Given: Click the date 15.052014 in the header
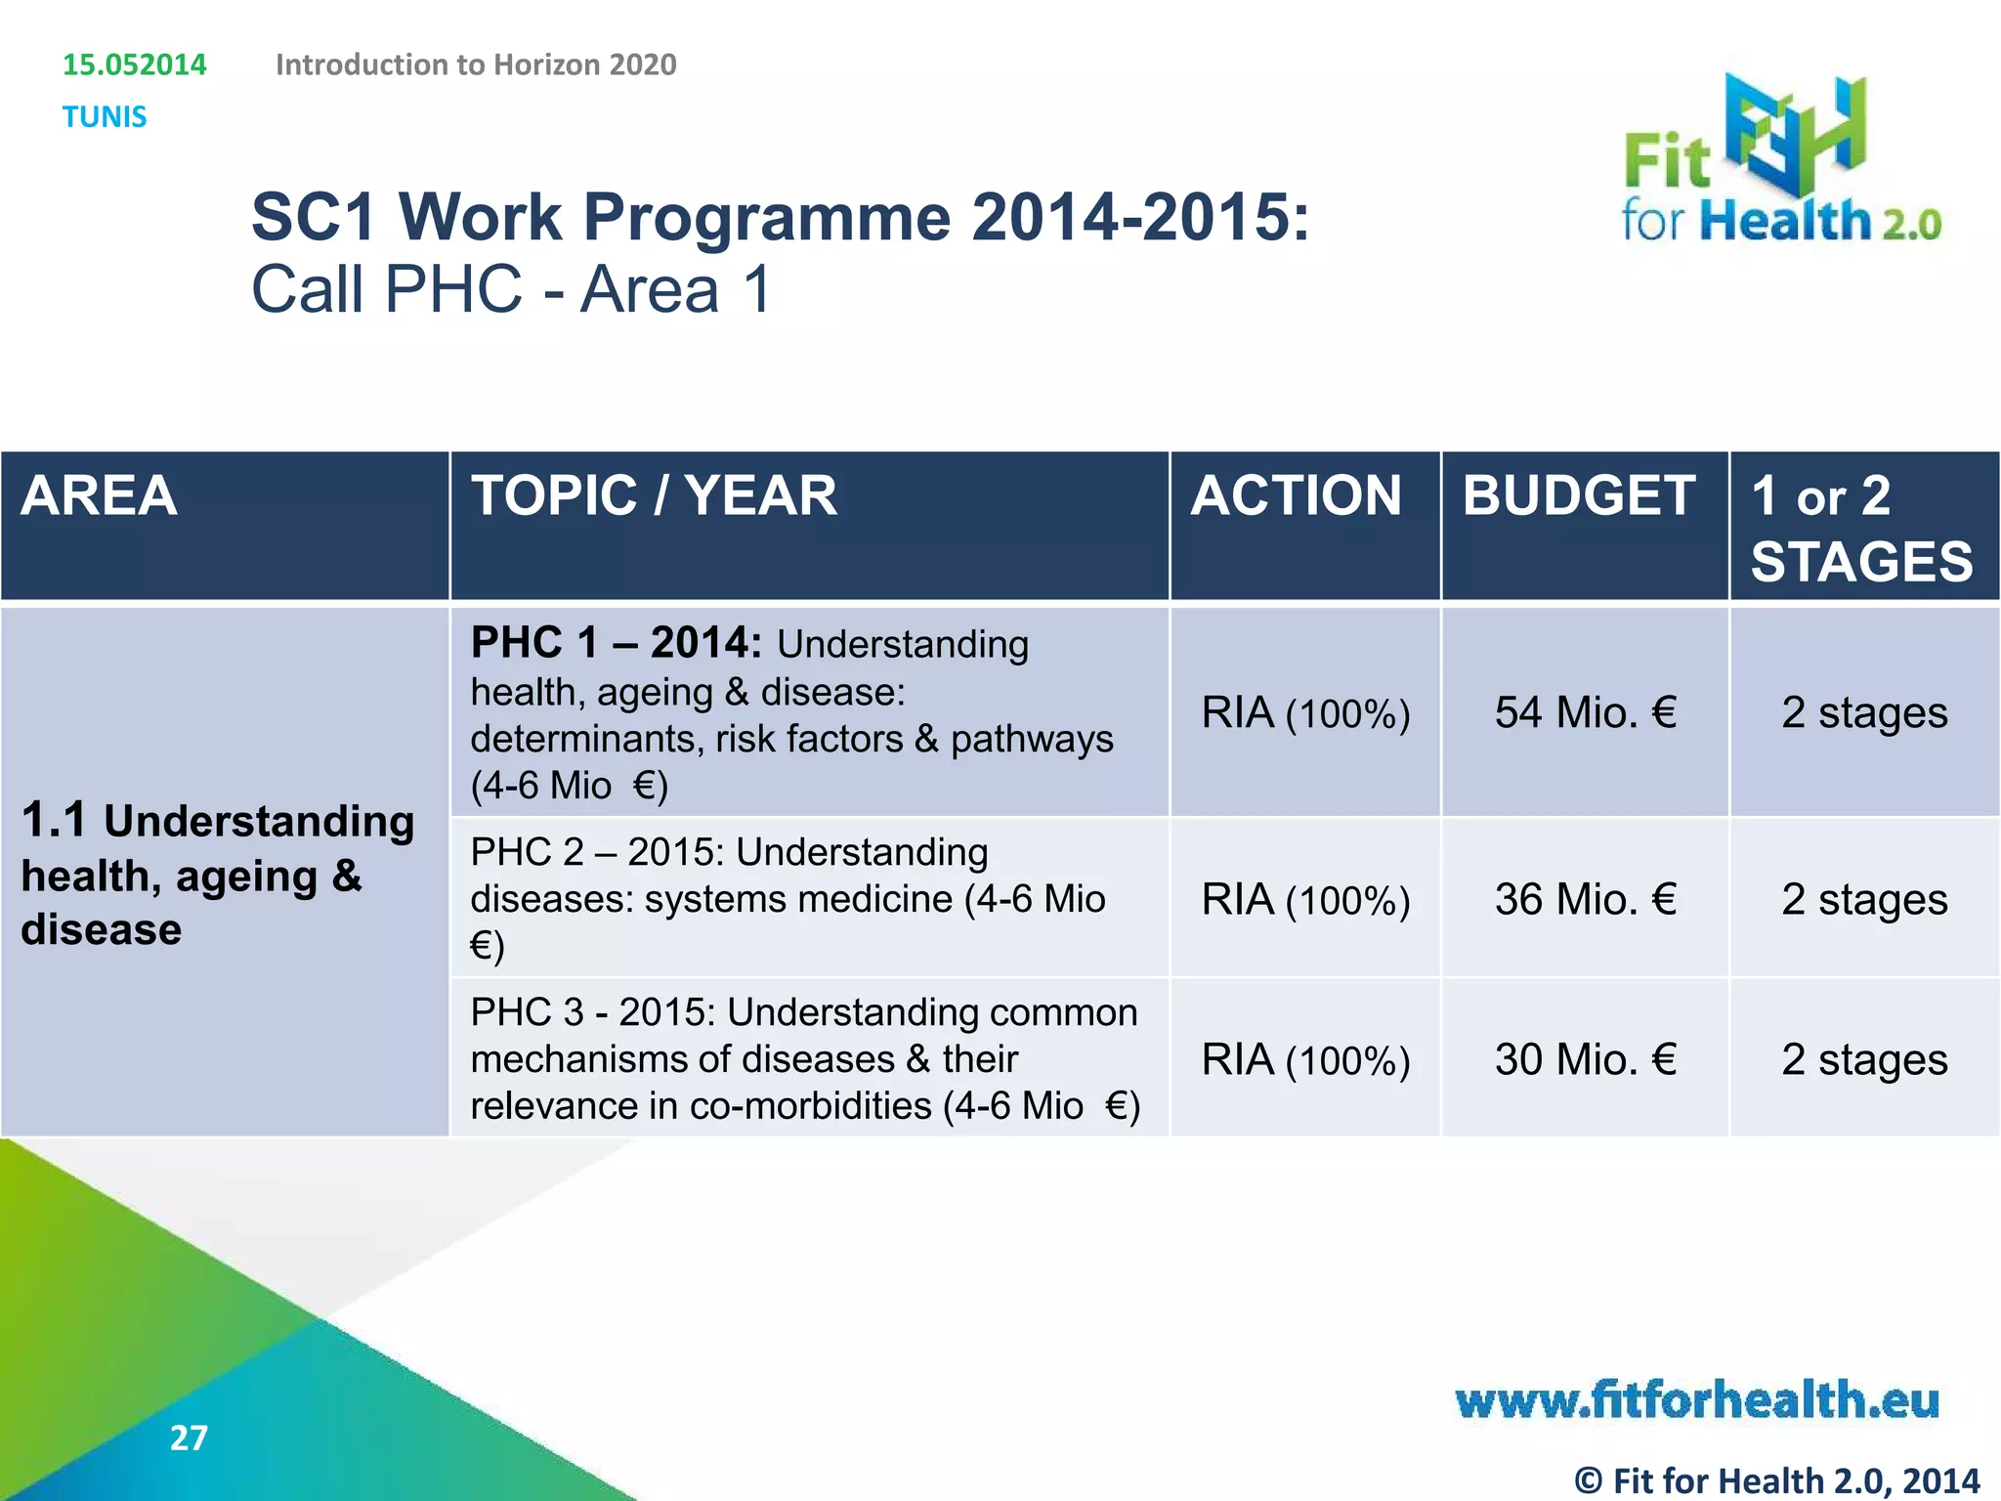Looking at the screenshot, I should pyautogui.click(x=135, y=64).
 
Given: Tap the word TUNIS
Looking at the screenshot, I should pyautogui.click(x=105, y=117).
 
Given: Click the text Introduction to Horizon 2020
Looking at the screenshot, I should pyautogui.click(x=476, y=64).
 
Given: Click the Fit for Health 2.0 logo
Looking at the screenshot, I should pyautogui.click(x=1780, y=161).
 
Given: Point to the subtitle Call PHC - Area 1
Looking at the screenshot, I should pyautogui.click(x=512, y=289).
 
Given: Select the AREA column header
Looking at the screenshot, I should pyautogui.click(x=99, y=495).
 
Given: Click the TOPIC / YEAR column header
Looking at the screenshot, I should pyautogui.click(x=654, y=495).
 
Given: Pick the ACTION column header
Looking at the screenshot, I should pyautogui.click(x=1296, y=495).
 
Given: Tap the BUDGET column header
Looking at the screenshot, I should pyautogui.click(x=1579, y=495).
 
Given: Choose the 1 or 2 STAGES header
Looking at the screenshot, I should pyautogui.click(x=1860, y=528).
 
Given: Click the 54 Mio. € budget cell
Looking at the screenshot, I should pyautogui.click(x=1585, y=712).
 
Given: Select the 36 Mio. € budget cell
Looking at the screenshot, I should pyautogui.click(x=1585, y=899).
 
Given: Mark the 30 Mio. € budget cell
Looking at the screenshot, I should pyautogui.click(x=1585, y=1059).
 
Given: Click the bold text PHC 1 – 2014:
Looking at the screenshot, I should pyautogui.click(x=616, y=643).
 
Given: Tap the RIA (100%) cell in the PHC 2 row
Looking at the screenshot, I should pyautogui.click(x=1305, y=899).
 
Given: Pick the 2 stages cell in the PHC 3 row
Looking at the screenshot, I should pyautogui.click(x=1864, y=1059).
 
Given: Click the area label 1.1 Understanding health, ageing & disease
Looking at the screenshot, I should pyautogui.click(x=217, y=875).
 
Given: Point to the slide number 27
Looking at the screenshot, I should pyautogui.click(x=189, y=1437).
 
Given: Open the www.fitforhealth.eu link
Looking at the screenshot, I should pyautogui.click(x=1697, y=1400).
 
